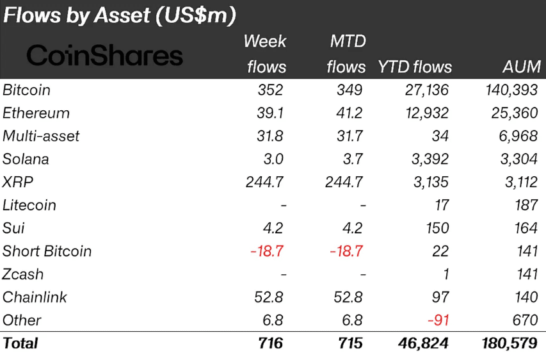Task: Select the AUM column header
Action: click(x=522, y=67)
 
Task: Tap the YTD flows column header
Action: click(x=415, y=67)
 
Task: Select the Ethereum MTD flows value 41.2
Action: click(x=349, y=113)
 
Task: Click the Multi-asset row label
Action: click(x=41, y=136)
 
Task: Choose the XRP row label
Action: click(x=18, y=182)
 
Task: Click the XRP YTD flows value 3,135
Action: click(x=430, y=182)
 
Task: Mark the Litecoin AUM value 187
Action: click(x=527, y=205)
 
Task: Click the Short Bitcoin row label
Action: click(x=47, y=251)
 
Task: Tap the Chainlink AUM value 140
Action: click(x=527, y=297)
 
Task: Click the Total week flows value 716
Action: click(x=271, y=343)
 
